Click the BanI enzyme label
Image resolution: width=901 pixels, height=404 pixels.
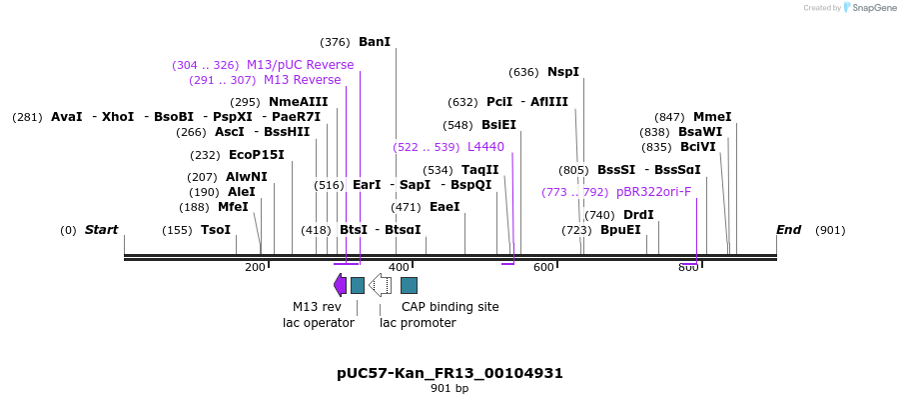click(375, 42)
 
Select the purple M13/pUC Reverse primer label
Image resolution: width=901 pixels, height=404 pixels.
click(300, 65)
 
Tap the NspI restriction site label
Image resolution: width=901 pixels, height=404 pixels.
click(563, 72)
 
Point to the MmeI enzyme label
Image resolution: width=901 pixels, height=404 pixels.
click(712, 117)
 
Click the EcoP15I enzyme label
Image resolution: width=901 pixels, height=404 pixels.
click(257, 155)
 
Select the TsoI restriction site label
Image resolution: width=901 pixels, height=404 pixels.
click(216, 230)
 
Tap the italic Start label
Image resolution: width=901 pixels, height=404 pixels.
click(101, 230)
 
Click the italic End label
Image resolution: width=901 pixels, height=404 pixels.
click(788, 230)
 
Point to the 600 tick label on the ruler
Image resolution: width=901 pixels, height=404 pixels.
click(543, 267)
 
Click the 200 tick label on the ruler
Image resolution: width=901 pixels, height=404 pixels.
click(255, 267)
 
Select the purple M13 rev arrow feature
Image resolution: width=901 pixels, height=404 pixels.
click(341, 286)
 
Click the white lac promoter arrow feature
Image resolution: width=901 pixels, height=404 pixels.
click(380, 286)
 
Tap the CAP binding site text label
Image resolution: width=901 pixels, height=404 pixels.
click(450, 307)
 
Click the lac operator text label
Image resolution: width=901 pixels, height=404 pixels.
click(319, 323)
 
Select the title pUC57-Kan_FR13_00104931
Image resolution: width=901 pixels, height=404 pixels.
click(450, 373)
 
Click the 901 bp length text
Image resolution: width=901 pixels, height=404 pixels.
click(450, 389)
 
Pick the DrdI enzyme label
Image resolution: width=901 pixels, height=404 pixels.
click(638, 215)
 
